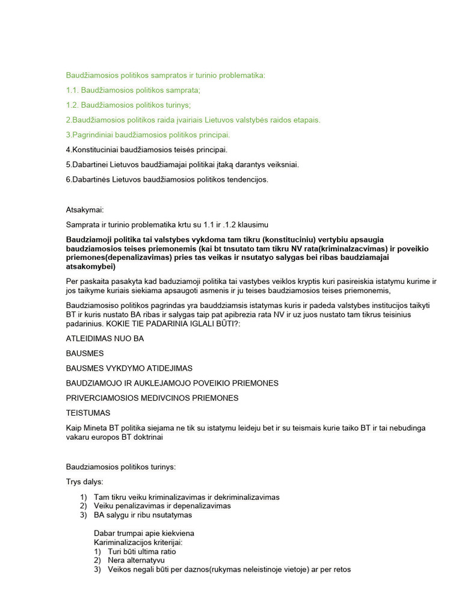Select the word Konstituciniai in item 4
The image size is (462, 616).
click(96, 149)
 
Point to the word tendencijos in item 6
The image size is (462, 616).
click(245, 179)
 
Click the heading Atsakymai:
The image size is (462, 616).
click(85, 210)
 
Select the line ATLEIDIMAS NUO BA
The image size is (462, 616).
click(105, 339)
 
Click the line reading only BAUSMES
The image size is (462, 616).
click(85, 353)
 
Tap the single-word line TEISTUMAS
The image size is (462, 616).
click(88, 413)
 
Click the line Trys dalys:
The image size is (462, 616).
click(84, 482)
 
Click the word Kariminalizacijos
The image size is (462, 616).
click(124, 542)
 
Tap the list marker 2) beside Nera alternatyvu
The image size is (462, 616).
click(97, 560)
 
